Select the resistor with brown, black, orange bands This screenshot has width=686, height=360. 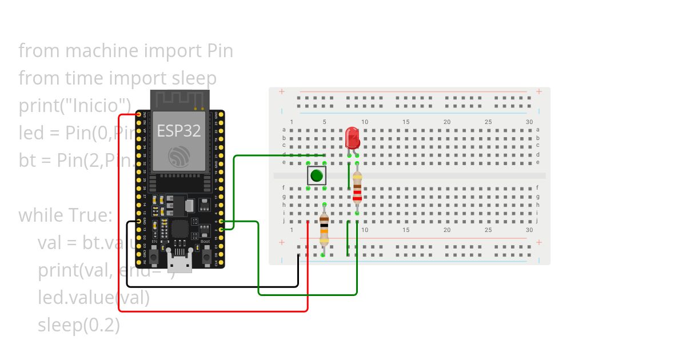point(324,229)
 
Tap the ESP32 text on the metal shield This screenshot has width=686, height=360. point(179,131)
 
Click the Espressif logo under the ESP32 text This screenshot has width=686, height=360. point(179,156)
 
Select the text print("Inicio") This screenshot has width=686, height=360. point(74,106)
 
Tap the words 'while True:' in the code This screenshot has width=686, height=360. point(66,215)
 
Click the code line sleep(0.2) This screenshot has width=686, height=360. point(79,325)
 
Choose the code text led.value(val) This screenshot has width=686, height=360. point(94,298)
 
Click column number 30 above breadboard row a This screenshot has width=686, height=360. point(529,122)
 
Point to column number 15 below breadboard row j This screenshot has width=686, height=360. point(406,230)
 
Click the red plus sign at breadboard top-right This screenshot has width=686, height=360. point(539,91)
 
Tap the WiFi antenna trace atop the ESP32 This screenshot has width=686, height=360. point(179,99)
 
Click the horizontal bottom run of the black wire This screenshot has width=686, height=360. point(212,285)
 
